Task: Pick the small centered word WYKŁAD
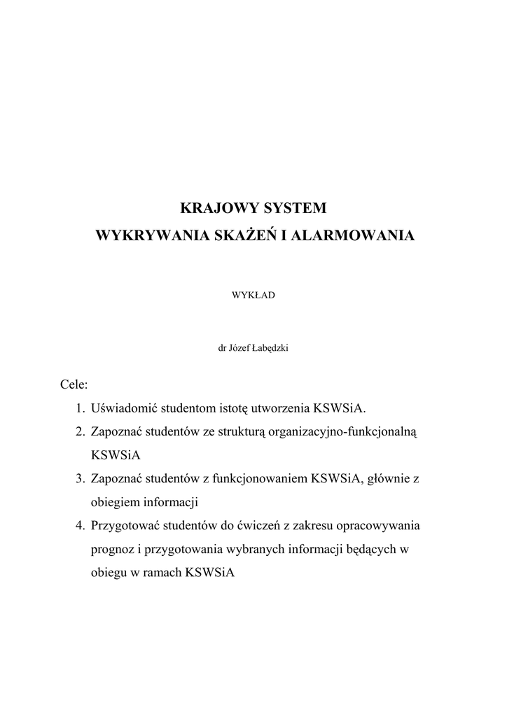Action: click(x=253, y=295)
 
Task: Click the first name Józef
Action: click(x=241, y=345)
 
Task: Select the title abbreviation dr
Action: click(x=224, y=345)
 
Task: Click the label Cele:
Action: click(x=74, y=384)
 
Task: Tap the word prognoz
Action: click(x=113, y=549)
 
